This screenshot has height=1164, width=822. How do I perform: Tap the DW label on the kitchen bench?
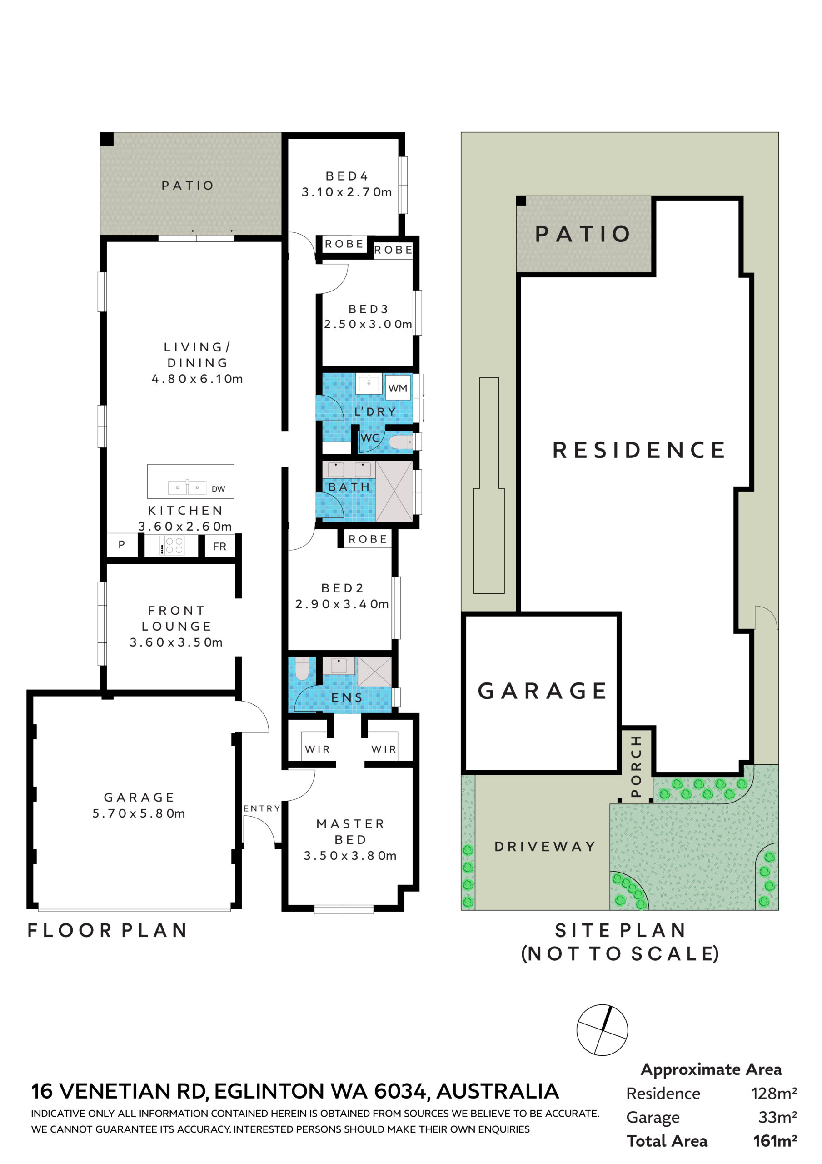coord(219,489)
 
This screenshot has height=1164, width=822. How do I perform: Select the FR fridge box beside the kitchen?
coord(219,547)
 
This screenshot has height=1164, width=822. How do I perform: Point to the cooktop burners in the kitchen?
coord(172,546)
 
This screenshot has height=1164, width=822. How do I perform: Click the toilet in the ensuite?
coord(302,669)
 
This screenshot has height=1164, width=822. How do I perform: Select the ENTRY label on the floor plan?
coord(261,808)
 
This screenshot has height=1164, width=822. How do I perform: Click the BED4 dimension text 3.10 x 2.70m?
coord(347,192)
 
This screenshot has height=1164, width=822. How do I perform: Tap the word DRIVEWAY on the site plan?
coord(545,846)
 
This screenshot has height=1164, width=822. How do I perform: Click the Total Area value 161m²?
coord(775,1141)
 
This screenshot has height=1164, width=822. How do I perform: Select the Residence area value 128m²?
coord(774,1093)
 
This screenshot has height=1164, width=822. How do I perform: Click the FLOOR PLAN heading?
coord(107,930)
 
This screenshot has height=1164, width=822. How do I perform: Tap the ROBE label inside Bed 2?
coord(368,539)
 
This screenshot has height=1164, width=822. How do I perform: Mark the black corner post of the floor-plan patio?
coord(107,139)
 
